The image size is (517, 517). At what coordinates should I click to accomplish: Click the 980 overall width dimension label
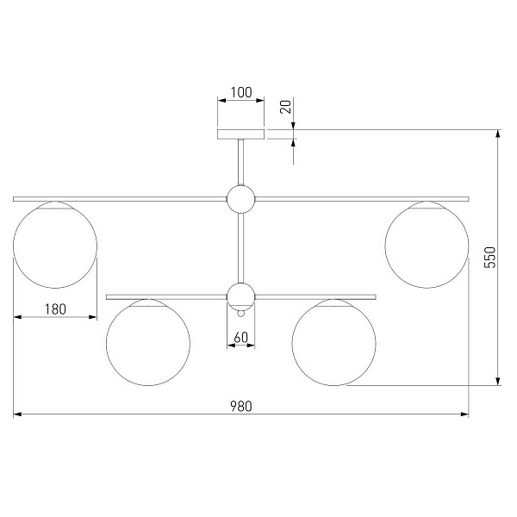pyautogui.click(x=241, y=406)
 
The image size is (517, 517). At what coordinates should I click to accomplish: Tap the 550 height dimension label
pyautogui.click(x=490, y=258)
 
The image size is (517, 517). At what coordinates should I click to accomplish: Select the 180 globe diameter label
pyautogui.click(x=55, y=309)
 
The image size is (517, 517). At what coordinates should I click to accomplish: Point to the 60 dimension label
pyautogui.click(x=241, y=338)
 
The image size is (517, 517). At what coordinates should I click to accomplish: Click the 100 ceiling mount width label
pyautogui.click(x=241, y=93)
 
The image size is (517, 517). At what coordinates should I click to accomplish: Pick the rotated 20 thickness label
pyautogui.click(x=286, y=107)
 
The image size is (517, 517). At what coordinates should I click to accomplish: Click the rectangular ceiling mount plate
pyautogui.click(x=241, y=134)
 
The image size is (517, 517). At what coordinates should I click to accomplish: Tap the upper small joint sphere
pyautogui.click(x=241, y=199)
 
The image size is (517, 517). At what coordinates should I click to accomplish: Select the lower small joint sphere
pyautogui.click(x=241, y=296)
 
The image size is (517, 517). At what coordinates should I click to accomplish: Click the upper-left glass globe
pyautogui.click(x=55, y=245)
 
